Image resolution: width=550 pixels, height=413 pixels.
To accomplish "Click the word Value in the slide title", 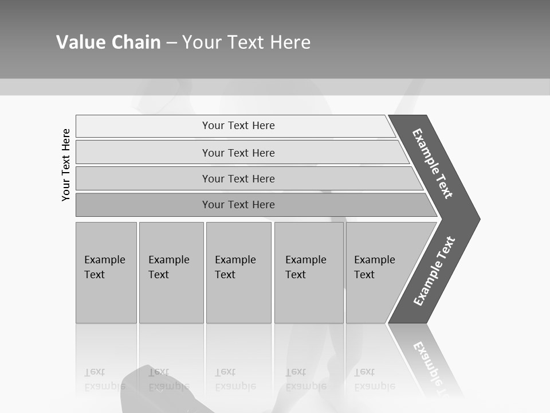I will click(80, 42).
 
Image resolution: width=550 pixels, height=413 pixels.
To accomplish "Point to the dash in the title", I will click(171, 43).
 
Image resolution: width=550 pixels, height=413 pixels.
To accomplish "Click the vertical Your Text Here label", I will click(66, 165).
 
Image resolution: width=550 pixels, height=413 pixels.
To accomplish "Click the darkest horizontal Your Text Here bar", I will click(143, 205).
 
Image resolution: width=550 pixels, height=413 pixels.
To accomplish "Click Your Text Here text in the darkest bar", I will click(238, 205).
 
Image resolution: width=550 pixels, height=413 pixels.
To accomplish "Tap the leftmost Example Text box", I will click(106, 272).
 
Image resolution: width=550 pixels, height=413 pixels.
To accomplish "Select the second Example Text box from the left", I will click(171, 272).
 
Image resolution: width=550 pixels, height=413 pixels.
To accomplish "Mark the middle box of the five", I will click(238, 272).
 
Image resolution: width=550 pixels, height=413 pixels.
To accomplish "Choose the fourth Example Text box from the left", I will click(309, 272).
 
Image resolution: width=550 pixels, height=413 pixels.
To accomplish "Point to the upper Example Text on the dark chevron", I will click(433, 163).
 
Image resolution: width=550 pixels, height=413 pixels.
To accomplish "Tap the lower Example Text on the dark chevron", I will click(434, 271).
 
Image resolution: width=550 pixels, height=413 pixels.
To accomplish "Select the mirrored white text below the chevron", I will click(431, 367).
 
